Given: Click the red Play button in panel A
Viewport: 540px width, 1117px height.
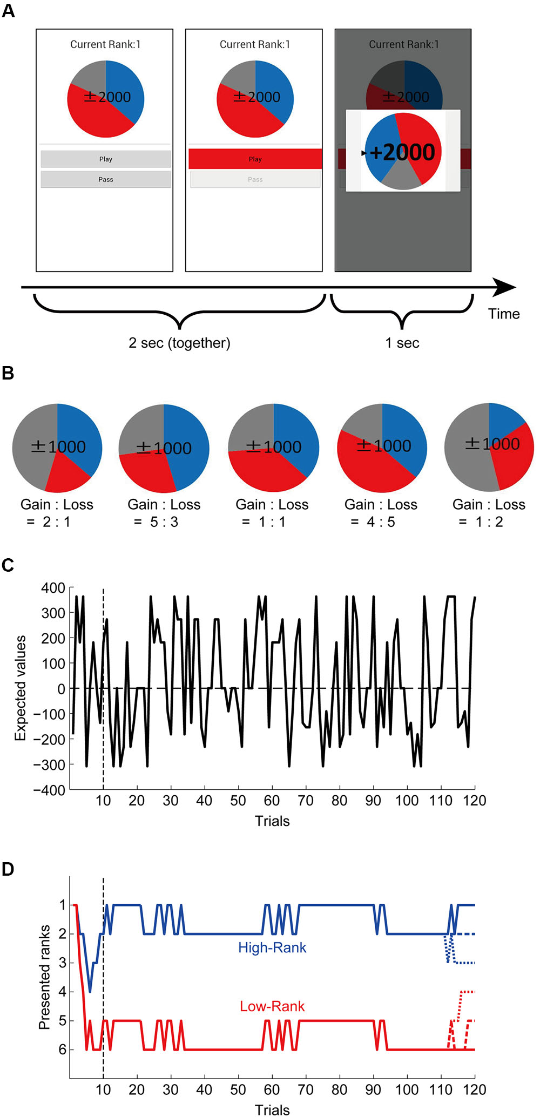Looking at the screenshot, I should (255, 159).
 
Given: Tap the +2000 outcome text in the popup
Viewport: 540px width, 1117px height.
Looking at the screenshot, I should (402, 152).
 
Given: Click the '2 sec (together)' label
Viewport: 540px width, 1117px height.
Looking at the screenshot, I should (179, 343).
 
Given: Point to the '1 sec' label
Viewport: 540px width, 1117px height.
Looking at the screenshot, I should (402, 343).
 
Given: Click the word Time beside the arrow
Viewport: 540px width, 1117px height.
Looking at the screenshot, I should (504, 314).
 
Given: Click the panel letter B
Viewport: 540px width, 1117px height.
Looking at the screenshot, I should (8, 373).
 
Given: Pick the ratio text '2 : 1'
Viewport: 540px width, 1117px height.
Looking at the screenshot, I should (56, 522).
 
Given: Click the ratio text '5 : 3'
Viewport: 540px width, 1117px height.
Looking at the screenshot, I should (164, 522).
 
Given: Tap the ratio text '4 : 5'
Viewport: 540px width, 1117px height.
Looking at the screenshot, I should (381, 522).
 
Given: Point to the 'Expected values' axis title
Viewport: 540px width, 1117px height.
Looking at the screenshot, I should (20, 688).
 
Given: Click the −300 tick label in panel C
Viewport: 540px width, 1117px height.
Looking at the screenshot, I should (49, 764).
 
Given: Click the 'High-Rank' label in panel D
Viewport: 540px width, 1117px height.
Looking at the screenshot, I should (272, 947).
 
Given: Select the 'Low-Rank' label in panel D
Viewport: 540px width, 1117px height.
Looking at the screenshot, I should (272, 1006).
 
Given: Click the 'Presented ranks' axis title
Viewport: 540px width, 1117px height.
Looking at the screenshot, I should (44, 977).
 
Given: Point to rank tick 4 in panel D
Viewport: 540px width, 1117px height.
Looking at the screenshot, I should (63, 992).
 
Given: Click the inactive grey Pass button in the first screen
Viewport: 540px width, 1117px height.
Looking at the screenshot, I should (106, 179).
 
